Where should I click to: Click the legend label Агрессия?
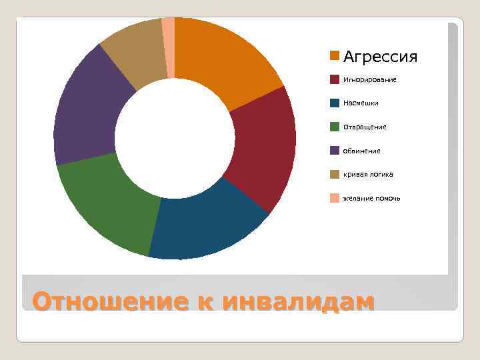click(380, 57)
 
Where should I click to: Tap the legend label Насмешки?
click(361, 103)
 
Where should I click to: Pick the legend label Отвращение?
click(365, 127)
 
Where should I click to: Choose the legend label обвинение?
click(362, 151)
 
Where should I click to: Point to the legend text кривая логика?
click(368, 175)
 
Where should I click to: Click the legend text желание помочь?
click(371, 199)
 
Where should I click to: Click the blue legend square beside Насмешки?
click(335, 103)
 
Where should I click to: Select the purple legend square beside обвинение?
click(335, 150)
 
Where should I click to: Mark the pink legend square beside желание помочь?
click(335, 198)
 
